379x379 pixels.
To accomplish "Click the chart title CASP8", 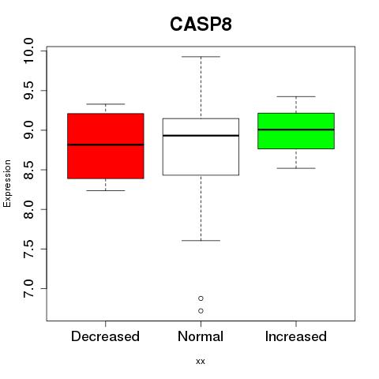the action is pyautogui.click(x=201, y=24).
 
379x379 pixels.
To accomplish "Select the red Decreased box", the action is pyautogui.click(x=106, y=146).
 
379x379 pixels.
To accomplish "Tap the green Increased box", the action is pyautogui.click(x=296, y=131).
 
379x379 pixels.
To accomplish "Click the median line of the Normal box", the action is pyautogui.click(x=201, y=136).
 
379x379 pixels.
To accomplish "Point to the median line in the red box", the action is pyautogui.click(x=106, y=144).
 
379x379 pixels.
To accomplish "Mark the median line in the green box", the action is pyautogui.click(x=296, y=129).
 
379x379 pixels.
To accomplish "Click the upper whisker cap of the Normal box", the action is pyautogui.click(x=201, y=57).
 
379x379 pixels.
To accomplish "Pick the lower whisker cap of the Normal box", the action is pyautogui.click(x=201, y=241).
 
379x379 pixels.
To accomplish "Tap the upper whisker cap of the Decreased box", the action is pyautogui.click(x=106, y=104).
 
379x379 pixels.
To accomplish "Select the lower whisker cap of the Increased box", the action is pyautogui.click(x=296, y=168).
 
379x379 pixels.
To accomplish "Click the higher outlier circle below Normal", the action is pyautogui.click(x=201, y=298).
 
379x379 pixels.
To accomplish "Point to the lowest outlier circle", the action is pyautogui.click(x=201, y=311).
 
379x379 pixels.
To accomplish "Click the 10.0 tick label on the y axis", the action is pyautogui.click(x=28, y=51).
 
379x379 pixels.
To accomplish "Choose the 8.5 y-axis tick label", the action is pyautogui.click(x=28, y=170).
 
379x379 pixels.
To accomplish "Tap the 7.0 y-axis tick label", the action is pyautogui.click(x=28, y=289).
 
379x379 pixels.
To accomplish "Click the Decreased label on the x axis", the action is pyautogui.click(x=105, y=336).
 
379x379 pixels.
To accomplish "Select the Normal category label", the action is pyautogui.click(x=201, y=336).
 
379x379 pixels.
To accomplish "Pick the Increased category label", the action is pyautogui.click(x=296, y=336).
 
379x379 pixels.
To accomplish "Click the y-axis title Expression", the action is pyautogui.click(x=7, y=183).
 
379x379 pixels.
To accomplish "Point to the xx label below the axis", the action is pyautogui.click(x=201, y=362).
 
